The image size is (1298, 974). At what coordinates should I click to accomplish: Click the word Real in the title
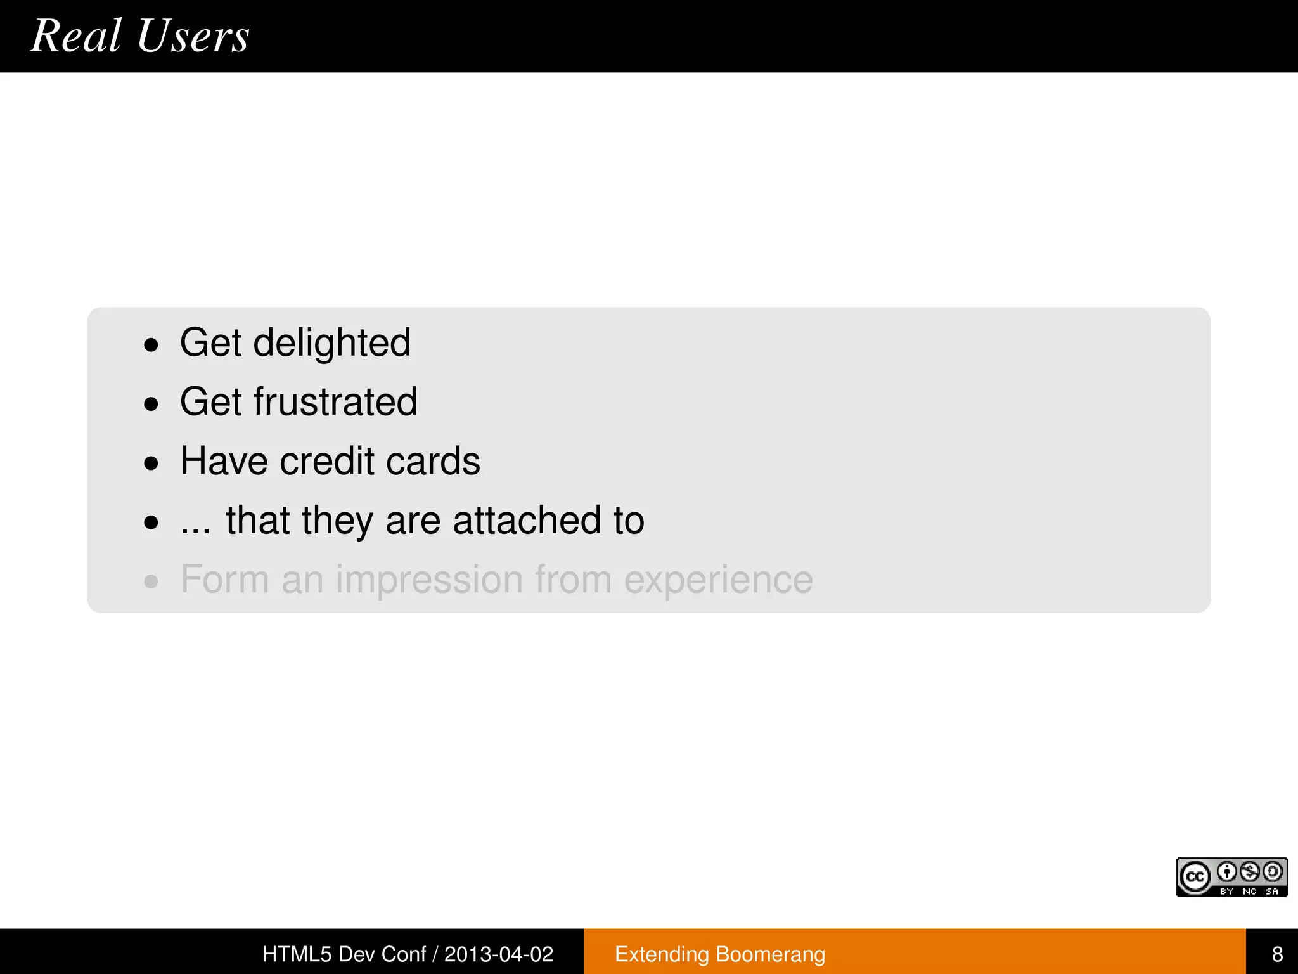point(76,36)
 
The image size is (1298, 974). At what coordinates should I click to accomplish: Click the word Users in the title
point(193,36)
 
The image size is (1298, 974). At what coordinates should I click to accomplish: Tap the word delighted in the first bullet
point(331,343)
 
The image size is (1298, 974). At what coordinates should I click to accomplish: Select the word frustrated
point(335,402)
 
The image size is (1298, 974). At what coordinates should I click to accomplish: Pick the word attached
point(526,521)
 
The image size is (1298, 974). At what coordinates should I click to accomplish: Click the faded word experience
point(718,580)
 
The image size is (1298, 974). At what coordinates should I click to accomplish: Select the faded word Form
point(225,580)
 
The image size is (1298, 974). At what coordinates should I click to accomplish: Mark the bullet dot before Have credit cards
point(151,464)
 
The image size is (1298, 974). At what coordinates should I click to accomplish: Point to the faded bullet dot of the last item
point(151,581)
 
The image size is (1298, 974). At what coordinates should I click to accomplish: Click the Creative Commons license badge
point(1231,877)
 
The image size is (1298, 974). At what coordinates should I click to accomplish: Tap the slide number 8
point(1277,954)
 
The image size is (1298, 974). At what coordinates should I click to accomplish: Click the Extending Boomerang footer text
point(720,954)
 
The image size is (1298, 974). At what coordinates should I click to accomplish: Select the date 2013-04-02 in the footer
point(499,954)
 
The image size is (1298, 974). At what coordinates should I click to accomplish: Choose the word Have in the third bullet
point(224,461)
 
